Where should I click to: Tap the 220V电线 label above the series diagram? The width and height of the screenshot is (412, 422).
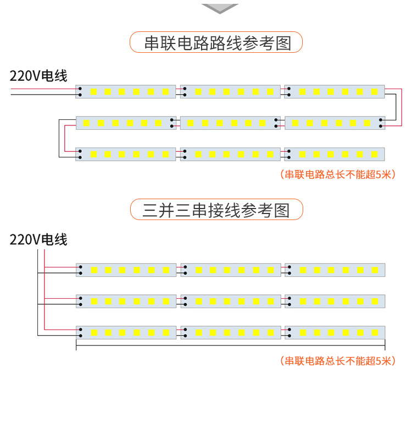(x=38, y=76)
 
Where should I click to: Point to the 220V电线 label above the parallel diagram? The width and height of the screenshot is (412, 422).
(x=38, y=239)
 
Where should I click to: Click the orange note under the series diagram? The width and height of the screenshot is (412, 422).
(x=337, y=174)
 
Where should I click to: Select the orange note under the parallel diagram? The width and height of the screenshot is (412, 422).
(x=337, y=361)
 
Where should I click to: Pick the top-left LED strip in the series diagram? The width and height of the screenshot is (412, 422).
(x=126, y=91)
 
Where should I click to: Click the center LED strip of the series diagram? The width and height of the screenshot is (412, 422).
(x=230, y=123)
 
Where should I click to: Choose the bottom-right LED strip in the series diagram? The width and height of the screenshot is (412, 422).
(x=335, y=154)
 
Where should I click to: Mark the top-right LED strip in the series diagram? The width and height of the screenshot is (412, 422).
(x=335, y=91)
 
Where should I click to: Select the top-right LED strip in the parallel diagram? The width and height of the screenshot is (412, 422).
(x=335, y=270)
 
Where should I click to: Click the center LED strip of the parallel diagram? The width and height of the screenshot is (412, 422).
(x=230, y=301)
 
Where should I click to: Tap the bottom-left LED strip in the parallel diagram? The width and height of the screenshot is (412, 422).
(x=126, y=332)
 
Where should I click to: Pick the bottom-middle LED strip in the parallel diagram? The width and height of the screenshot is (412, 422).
(x=230, y=332)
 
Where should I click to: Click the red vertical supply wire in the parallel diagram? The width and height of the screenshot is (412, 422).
(x=44, y=292)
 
